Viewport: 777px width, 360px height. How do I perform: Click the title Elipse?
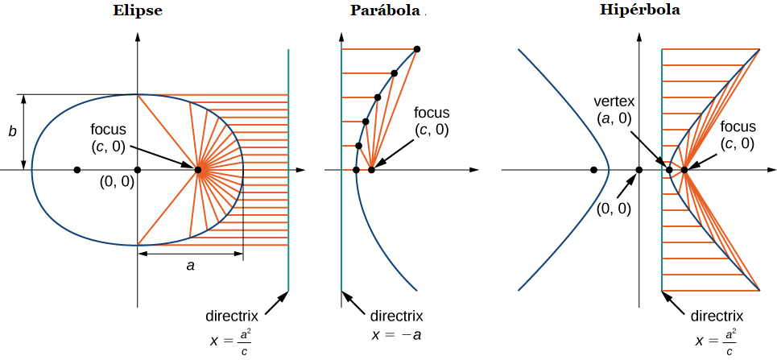tap(138, 12)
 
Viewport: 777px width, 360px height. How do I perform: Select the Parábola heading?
tap(385, 10)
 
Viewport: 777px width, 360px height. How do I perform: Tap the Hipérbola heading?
tap(639, 10)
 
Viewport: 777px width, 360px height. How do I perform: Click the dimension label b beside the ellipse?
tap(12, 131)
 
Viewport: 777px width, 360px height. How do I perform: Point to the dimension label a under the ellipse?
tap(190, 265)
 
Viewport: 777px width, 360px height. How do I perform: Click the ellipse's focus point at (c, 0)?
tap(198, 169)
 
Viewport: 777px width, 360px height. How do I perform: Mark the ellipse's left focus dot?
tap(77, 169)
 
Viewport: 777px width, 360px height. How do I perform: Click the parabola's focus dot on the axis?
tap(371, 169)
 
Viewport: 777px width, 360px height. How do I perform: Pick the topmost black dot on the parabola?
tap(417, 49)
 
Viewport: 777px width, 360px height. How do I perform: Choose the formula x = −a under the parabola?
tap(397, 334)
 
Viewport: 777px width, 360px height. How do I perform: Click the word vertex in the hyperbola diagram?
tap(614, 101)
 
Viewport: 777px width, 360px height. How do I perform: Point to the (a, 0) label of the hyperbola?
tap(614, 119)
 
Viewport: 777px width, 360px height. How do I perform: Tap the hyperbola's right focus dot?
tap(684, 169)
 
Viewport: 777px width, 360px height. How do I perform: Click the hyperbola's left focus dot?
tap(594, 169)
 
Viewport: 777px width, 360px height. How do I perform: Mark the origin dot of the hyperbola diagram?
tap(639, 169)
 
